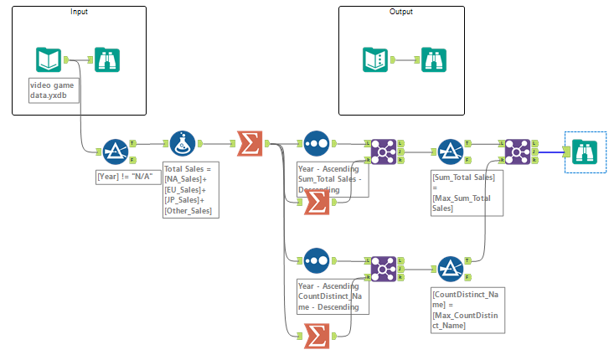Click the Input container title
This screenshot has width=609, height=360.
[80, 12]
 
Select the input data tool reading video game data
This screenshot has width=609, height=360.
[49, 59]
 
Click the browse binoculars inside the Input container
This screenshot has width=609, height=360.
[107, 59]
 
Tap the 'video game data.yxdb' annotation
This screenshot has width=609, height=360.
[54, 91]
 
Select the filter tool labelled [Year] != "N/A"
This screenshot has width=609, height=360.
[115, 151]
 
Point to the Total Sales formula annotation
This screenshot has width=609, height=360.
[191, 190]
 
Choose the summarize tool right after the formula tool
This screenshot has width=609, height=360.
[249, 143]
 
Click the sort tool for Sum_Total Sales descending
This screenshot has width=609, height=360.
[316, 143]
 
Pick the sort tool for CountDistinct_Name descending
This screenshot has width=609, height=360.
[316, 260]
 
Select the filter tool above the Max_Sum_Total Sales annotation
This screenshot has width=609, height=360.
[450, 151]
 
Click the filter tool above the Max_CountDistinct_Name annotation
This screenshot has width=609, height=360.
[450, 268]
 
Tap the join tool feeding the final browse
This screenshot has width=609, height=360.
[517, 151]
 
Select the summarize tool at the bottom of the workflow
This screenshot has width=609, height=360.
[316, 336]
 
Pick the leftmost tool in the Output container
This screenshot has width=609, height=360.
[375, 59]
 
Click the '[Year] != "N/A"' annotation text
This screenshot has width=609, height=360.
[125, 177]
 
